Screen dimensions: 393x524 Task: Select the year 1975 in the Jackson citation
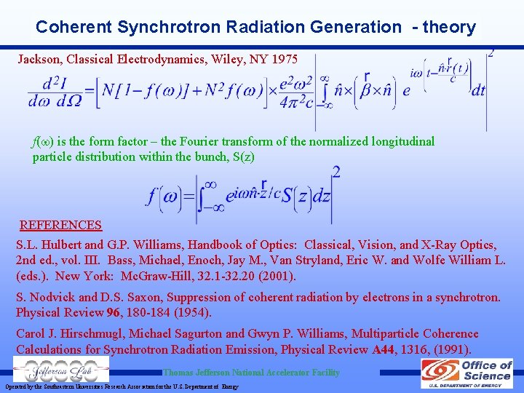(284, 58)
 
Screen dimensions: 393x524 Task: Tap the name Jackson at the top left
(41, 58)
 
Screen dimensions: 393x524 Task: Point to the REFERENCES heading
(60, 225)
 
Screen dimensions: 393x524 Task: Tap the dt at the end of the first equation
(478, 90)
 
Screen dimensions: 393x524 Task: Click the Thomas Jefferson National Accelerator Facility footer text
(251, 373)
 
